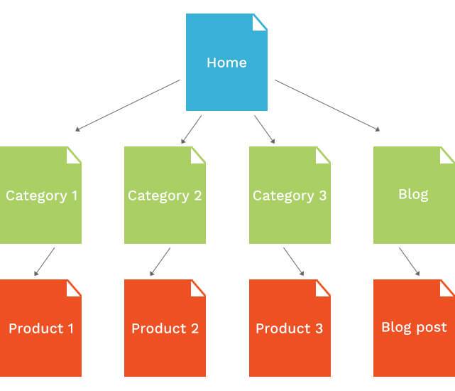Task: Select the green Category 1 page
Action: [40, 195]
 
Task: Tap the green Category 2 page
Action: [165, 195]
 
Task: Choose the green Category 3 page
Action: [290, 195]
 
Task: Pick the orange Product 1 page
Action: [40, 328]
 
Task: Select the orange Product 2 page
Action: [165, 328]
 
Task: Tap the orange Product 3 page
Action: [290, 328]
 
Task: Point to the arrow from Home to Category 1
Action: [128, 105]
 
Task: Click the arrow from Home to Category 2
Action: [192, 129]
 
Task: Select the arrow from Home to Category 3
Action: [264, 129]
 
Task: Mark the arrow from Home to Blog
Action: [327, 105]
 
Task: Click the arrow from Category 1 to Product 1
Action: [44, 261]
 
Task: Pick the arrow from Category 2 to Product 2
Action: [160, 261]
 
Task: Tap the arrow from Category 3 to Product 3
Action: [293, 261]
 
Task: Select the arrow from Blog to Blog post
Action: [409, 261]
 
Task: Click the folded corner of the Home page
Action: [261, 21]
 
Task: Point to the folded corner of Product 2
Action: [199, 287]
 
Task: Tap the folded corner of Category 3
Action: [324, 154]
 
